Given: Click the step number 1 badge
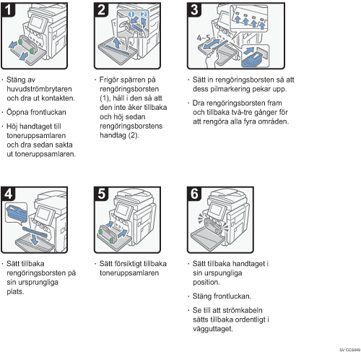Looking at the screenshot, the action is point(8,9).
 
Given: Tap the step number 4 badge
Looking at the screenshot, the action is point(8,194).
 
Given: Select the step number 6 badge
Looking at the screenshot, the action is point(194,194).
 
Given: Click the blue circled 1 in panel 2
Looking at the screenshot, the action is point(131,14).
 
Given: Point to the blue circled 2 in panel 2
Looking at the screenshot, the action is point(144,14).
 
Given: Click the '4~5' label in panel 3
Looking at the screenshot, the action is point(204,38).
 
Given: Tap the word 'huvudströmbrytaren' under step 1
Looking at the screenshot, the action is point(39,89).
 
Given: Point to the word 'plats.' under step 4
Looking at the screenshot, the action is point(15,291).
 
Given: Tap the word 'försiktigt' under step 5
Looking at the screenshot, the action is point(133,264).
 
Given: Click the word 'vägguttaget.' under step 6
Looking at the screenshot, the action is point(213,329).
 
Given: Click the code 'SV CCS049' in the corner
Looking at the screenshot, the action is point(349,350).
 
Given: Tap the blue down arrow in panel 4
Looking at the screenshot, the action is point(35,239).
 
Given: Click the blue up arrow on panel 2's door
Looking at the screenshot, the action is point(117,43).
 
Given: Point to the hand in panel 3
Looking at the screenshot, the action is point(212,59).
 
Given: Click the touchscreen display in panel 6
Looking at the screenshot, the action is point(216,210).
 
